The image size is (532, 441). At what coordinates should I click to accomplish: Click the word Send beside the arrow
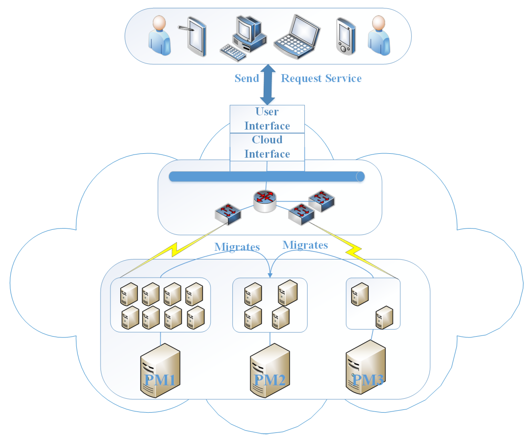[x=246, y=78]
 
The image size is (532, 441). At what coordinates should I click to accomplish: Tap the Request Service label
[x=321, y=78]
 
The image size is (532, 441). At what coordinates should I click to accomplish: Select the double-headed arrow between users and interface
[x=267, y=84]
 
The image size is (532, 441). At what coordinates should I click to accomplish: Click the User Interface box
[x=267, y=119]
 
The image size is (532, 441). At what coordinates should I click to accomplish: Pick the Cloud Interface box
[x=267, y=147]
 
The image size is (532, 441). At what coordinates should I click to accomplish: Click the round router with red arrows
[x=265, y=201]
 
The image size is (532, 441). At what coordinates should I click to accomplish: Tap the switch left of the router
[x=228, y=214]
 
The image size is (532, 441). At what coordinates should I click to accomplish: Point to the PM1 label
[x=160, y=380]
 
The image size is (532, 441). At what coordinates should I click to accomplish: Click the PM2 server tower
[x=269, y=370]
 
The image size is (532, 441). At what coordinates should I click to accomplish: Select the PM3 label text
[x=368, y=380]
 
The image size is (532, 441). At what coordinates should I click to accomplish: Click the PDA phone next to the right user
[x=345, y=36]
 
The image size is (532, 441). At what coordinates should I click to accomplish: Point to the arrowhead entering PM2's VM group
[x=270, y=275]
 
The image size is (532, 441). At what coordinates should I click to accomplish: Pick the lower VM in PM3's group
[x=384, y=318]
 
